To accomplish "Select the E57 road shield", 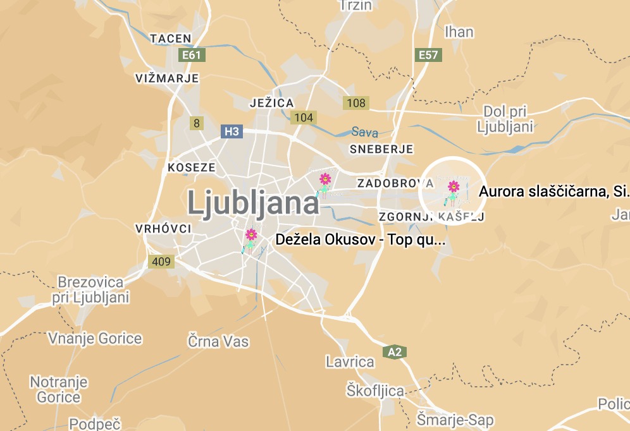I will coord(428,55).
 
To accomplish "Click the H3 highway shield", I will coord(232,131).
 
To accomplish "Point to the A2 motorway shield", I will coord(395,352).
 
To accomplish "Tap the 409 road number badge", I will coord(161,261).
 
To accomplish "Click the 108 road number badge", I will coord(356,103).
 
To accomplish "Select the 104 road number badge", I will coord(304,117).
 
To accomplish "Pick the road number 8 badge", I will coord(197,123).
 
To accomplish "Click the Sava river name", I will coord(365,133).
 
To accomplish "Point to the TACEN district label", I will coord(171,39).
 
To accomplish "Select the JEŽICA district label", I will coord(272,103).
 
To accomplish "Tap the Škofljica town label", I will coord(375,391).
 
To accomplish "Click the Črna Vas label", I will coord(218,342).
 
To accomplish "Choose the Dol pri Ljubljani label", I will coord(505,119).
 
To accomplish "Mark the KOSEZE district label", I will coord(192,168).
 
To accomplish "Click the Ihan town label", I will coord(459,32).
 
